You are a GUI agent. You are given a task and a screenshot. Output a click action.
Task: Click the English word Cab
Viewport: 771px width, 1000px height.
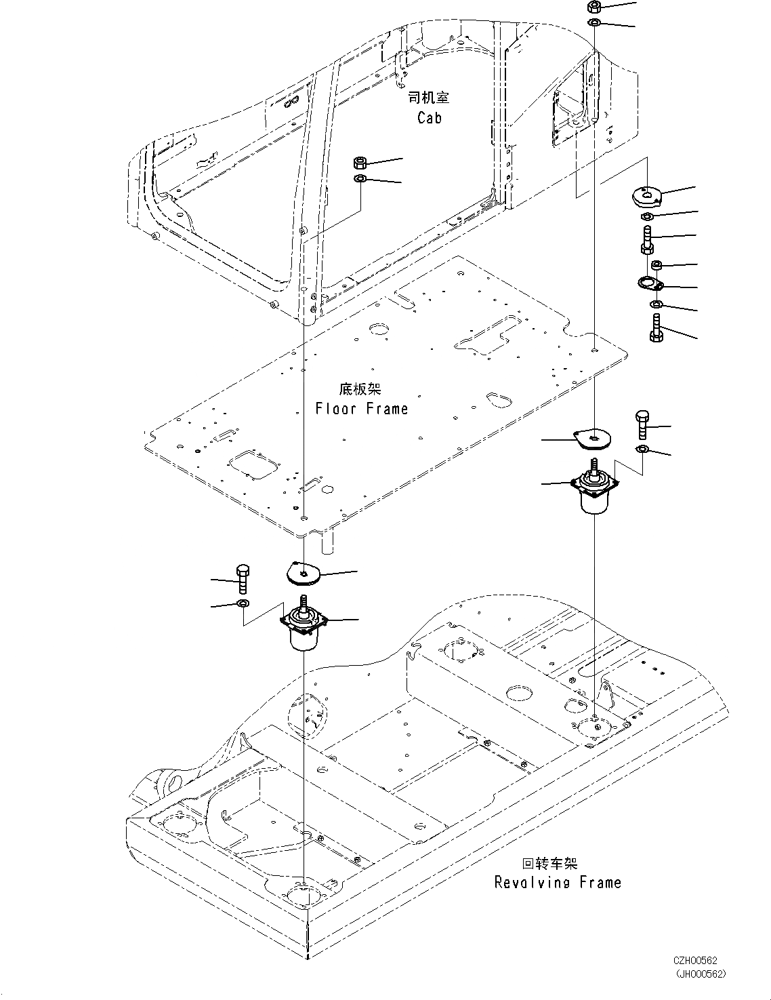tap(429, 118)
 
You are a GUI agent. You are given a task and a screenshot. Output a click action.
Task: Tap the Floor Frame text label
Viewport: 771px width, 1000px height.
tap(362, 409)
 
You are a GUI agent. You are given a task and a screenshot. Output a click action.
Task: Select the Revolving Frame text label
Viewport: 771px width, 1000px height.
tap(557, 882)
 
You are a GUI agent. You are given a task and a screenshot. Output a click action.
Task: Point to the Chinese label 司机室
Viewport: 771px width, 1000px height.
tap(428, 98)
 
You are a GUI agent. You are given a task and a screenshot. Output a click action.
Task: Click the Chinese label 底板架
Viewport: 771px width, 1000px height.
tap(360, 389)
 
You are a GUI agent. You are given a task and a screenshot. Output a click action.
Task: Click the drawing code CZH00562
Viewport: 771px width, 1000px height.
tap(695, 961)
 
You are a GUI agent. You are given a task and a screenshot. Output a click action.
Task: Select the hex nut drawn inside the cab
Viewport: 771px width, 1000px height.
tap(360, 163)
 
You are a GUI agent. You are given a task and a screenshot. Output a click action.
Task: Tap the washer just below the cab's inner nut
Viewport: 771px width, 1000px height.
tap(360, 178)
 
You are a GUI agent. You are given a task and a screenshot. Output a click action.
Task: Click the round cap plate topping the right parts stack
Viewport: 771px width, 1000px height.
tap(646, 197)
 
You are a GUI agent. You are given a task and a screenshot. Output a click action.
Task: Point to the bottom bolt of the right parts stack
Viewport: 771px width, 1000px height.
tap(656, 327)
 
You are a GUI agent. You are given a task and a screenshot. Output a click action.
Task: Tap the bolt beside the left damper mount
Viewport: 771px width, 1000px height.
tap(243, 578)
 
